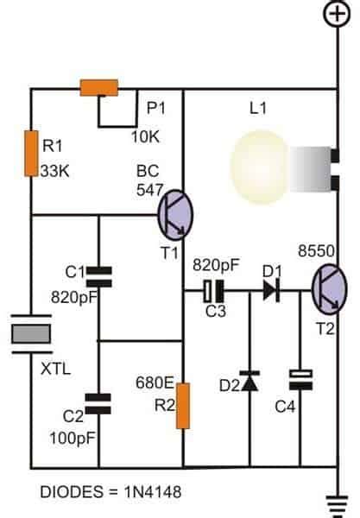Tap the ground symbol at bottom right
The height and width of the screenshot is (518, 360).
(x=335, y=500)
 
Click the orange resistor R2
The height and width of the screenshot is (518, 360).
(x=184, y=407)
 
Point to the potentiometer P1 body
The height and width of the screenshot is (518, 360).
(x=99, y=87)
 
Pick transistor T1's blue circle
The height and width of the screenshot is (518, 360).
(x=176, y=214)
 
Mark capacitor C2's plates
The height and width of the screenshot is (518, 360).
(x=100, y=401)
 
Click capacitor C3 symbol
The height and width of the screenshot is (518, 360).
(x=214, y=291)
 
